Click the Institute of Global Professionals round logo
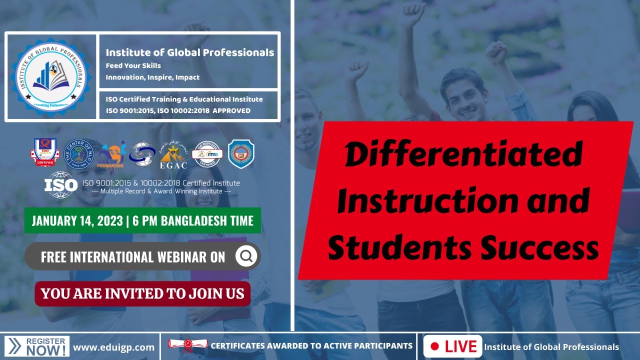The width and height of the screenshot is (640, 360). tap(50, 76)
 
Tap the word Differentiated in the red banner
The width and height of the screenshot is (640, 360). tap(463, 154)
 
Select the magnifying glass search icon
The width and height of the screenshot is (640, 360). tap(246, 256)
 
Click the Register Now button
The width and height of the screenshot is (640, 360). tap(37, 346)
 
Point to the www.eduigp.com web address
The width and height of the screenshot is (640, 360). tap(113, 346)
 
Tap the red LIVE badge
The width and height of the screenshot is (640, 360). tap(453, 346)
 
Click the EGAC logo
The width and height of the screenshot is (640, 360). tap(173, 155)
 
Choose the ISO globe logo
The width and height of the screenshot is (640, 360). tap(60, 185)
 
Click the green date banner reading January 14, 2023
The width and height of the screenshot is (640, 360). tap(142, 220)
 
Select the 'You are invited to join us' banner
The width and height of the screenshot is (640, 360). tap(142, 293)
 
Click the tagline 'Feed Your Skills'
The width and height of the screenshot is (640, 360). tap(133, 65)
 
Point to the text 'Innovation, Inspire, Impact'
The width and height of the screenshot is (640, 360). tap(152, 77)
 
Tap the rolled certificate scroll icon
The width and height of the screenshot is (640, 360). tap(187, 345)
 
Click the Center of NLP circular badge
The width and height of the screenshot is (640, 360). tap(79, 153)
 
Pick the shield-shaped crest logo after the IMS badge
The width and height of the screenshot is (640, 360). tap(241, 153)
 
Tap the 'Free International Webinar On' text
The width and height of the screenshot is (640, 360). tap(133, 257)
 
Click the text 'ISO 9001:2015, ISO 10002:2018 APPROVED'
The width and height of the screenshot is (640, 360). tap(178, 110)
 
